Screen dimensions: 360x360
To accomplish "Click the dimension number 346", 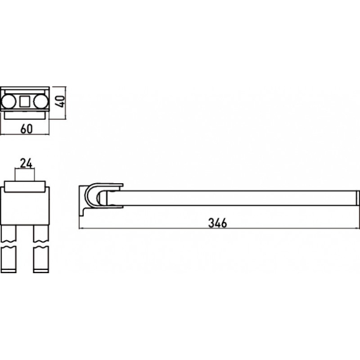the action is click(217, 222).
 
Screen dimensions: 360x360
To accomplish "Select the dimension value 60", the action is click(27, 129).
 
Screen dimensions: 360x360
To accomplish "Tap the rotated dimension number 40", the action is click(61, 101).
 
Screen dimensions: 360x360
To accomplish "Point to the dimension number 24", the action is click(26, 164).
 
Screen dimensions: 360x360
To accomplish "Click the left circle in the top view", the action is click(8, 101).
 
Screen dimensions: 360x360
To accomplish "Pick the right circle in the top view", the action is click(41, 101).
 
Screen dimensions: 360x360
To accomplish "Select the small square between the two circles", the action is click(25, 101).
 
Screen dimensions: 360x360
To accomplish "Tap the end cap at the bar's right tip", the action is click(357, 198).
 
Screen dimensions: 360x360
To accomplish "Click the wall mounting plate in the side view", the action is click(82, 200).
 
